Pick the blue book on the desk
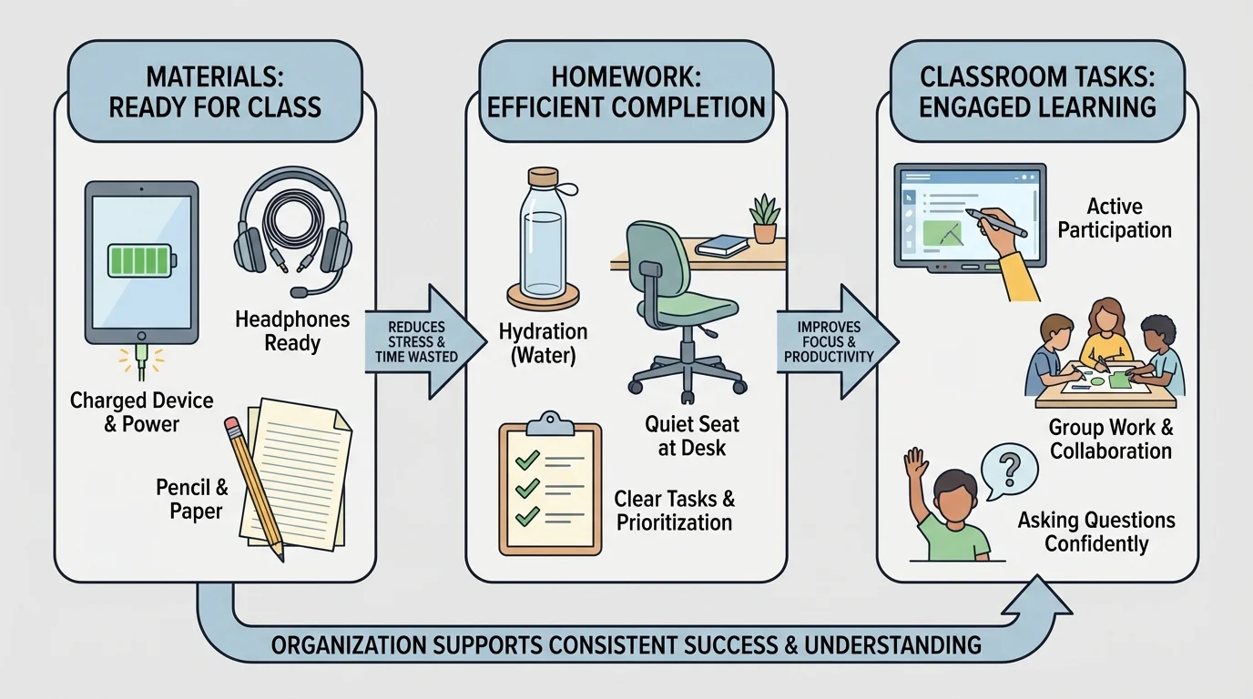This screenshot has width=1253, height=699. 725,245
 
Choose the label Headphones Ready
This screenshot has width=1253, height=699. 291,331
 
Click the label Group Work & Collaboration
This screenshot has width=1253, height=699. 1110,439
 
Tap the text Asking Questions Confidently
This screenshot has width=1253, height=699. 1096,532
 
